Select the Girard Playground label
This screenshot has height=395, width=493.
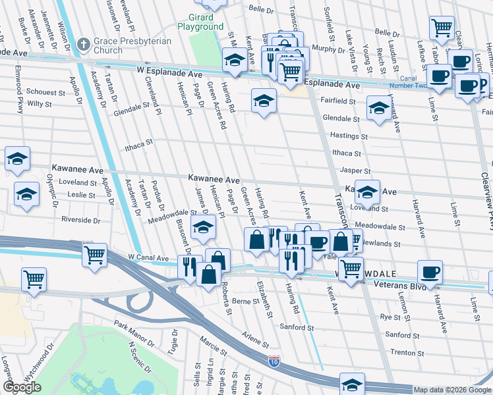pos(200,22)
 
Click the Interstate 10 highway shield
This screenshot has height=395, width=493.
pos(274,360)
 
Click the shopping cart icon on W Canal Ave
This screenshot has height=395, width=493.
pos(94,253)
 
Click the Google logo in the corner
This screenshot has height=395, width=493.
pos(22,387)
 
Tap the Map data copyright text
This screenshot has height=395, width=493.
pos(451,390)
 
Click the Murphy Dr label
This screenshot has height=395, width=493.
pos(324,48)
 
